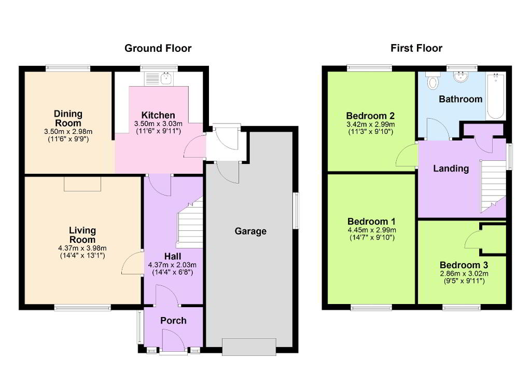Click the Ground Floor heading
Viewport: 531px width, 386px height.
click(x=158, y=48)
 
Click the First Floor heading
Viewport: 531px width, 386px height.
click(x=416, y=48)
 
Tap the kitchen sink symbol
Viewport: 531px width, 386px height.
click(x=159, y=78)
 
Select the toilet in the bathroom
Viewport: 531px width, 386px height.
click(x=432, y=80)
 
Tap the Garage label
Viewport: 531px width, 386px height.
click(x=250, y=231)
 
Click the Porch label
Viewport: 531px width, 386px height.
click(x=173, y=320)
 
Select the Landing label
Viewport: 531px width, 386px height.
click(x=451, y=169)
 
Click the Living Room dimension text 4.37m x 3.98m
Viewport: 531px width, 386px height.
click(x=82, y=248)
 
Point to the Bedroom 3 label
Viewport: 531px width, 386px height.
click(x=464, y=265)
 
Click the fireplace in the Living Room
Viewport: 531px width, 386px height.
click(x=82, y=184)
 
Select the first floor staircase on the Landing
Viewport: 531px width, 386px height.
click(x=493, y=186)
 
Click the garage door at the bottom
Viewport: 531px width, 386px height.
click(x=249, y=347)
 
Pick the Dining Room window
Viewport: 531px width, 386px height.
click(x=68, y=68)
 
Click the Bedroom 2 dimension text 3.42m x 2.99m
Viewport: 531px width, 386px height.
click(x=370, y=125)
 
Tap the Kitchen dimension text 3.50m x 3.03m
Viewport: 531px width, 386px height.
click(x=158, y=123)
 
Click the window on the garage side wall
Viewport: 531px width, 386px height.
click(x=297, y=211)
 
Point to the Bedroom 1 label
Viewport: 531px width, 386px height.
click(x=371, y=222)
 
